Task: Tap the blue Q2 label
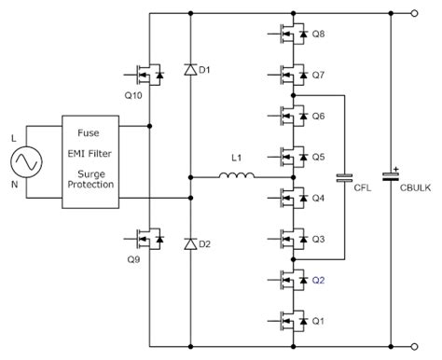coord(318,279)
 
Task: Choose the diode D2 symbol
coord(190,244)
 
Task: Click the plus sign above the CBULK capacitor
coord(396,169)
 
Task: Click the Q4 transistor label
coord(318,198)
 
